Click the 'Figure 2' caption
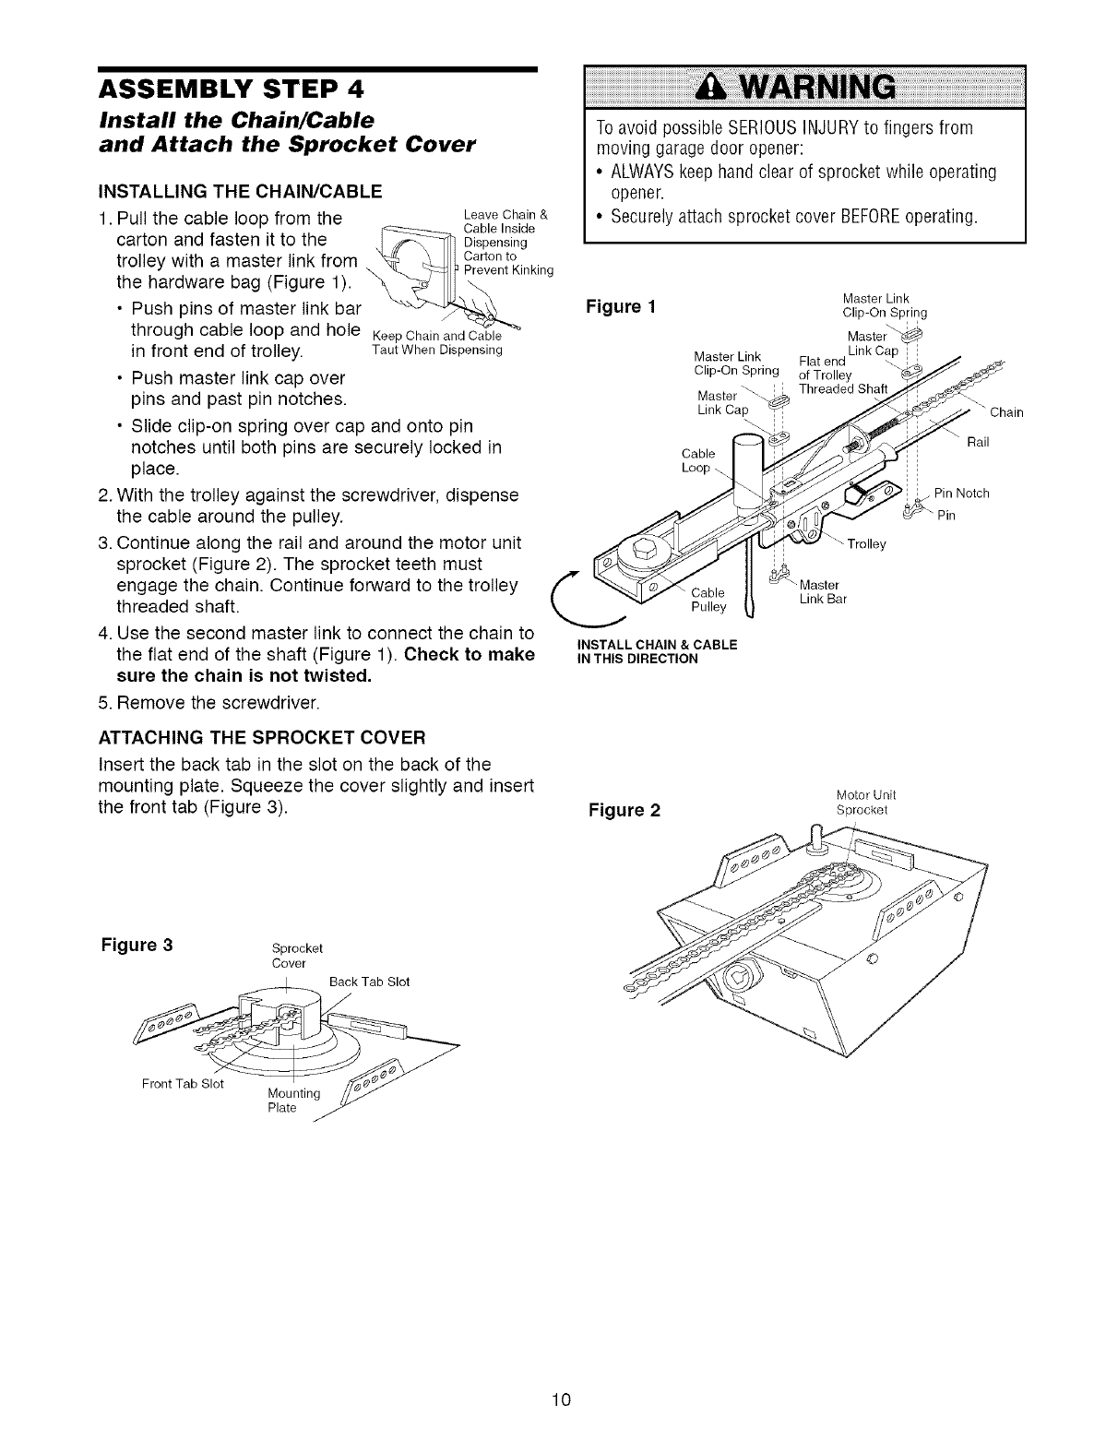pos(624,810)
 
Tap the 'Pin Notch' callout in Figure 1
pos(961,493)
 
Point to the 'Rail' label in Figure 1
pos(978,442)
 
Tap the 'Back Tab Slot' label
pos(369,981)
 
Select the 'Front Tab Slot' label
pos(184,1083)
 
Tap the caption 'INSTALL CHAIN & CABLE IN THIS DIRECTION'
pos(656,651)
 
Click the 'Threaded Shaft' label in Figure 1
pos(842,388)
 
